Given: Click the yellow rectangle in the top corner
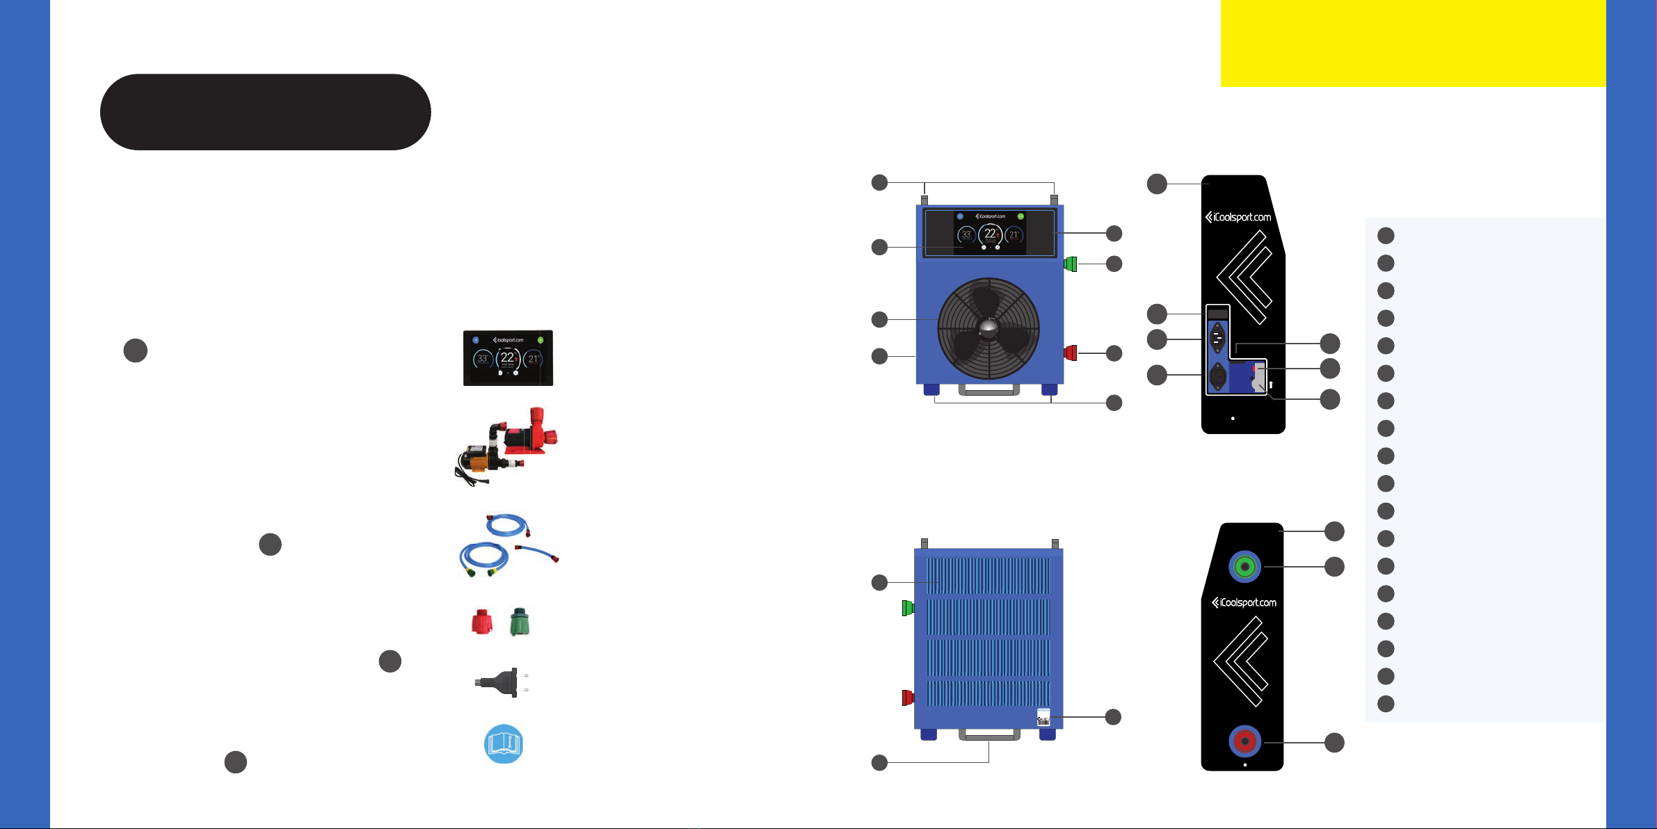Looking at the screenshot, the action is (1412, 43).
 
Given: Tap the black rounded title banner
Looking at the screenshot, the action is (265, 112).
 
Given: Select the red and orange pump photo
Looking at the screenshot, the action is (507, 445).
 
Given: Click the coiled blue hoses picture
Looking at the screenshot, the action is (508, 545).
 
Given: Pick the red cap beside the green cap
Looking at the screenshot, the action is (481, 622).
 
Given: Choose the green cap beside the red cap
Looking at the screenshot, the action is (520, 622).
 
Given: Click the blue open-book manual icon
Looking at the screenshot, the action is (503, 743).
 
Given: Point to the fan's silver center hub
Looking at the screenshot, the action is (988, 328).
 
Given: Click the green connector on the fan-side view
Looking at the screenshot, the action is (1070, 264).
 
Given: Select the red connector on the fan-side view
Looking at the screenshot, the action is (1070, 353).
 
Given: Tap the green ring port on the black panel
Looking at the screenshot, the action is (1244, 567).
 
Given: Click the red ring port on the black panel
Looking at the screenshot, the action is (1244, 741).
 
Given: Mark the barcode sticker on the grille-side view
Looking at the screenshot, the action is (1043, 717).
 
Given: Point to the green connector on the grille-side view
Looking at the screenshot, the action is (907, 608).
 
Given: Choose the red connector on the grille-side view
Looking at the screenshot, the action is (907, 697).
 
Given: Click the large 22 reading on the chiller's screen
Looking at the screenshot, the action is (990, 234).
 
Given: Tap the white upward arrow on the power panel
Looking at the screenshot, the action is (1270, 385).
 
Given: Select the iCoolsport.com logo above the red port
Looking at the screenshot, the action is (1244, 602).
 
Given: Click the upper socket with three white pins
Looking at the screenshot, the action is (1217, 338).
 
